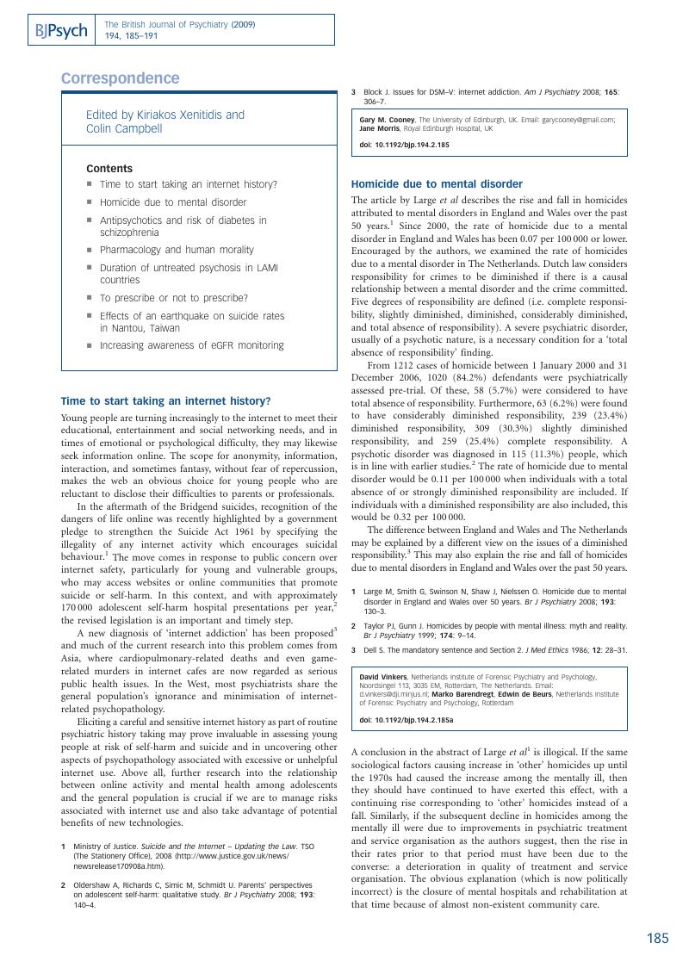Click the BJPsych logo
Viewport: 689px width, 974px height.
62,31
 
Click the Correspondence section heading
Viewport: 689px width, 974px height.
121,78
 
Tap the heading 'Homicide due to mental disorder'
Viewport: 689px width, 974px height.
437,184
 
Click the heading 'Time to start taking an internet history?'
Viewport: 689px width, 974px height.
166,400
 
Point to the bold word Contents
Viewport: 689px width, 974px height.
109,169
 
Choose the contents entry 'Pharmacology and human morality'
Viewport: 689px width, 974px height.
177,250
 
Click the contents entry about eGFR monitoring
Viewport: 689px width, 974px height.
191,345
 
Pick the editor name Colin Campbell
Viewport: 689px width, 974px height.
124,128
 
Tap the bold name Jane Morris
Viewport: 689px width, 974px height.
382,127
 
